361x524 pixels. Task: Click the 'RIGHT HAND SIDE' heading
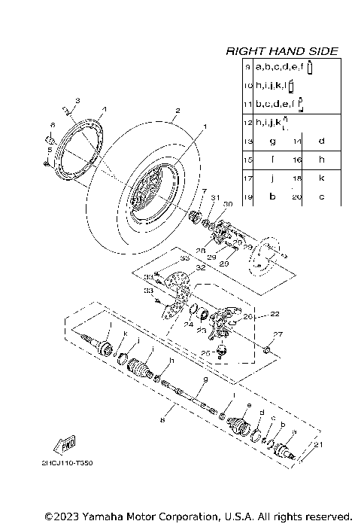click(282, 51)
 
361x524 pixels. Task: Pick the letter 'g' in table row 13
click(272, 140)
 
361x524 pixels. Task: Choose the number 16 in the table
click(297, 159)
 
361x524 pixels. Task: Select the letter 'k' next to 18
click(321, 178)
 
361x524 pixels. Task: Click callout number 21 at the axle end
click(320, 446)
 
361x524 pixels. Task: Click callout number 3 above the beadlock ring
click(77, 100)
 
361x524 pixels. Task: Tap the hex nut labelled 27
click(268, 350)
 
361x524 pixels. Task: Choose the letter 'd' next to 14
click(321, 140)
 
